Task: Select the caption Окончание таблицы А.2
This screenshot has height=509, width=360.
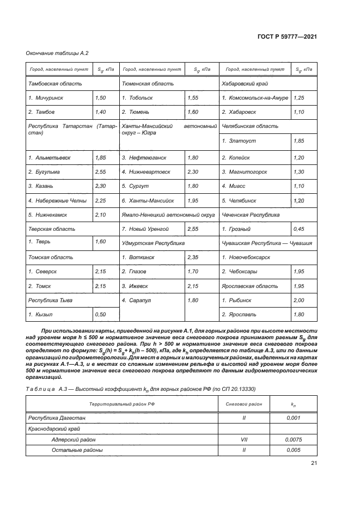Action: tap(57, 53)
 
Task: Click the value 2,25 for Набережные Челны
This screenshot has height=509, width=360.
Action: tap(100, 200)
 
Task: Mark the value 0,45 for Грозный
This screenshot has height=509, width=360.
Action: tap(298, 229)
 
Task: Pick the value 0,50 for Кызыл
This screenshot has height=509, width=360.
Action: tap(100, 314)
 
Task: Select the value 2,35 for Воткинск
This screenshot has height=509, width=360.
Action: tap(193, 257)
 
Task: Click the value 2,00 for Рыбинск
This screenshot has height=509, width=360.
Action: tap(298, 299)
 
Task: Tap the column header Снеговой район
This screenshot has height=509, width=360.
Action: tap(243, 404)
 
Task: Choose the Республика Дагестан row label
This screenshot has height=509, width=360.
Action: tap(57, 418)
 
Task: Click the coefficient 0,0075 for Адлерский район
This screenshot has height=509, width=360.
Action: tap(294, 439)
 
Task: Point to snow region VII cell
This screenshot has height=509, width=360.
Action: tap(243, 439)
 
